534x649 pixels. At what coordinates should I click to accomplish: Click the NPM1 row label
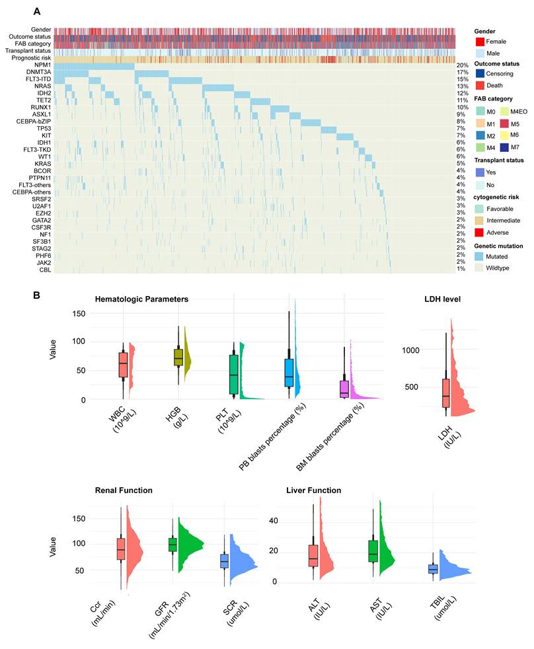(x=43, y=65)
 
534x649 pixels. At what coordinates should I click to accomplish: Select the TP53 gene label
(x=44, y=128)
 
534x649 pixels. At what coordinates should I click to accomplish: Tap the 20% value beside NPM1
(x=463, y=65)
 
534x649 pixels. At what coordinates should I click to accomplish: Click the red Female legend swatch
(x=480, y=42)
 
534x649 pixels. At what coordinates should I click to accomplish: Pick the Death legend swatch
(x=480, y=85)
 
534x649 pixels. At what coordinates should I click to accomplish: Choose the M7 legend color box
(x=505, y=147)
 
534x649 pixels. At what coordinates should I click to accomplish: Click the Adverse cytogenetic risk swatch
(x=480, y=232)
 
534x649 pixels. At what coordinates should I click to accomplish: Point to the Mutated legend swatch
(x=480, y=256)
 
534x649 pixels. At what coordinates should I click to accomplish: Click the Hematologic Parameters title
(x=141, y=299)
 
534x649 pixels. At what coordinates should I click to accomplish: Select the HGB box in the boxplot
(x=178, y=357)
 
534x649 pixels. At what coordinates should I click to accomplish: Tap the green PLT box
(x=234, y=374)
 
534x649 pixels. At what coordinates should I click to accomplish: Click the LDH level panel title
(x=442, y=299)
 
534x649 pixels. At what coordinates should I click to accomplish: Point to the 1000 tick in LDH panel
(x=410, y=350)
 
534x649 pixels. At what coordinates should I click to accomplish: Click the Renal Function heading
(x=124, y=490)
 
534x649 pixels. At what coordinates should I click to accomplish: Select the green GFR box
(x=172, y=545)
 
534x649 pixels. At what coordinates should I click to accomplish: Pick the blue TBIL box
(x=433, y=569)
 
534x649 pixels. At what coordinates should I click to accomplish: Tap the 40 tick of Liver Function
(x=274, y=521)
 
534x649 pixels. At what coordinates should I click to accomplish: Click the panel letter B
(x=36, y=295)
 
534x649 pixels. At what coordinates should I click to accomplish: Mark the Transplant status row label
(x=28, y=51)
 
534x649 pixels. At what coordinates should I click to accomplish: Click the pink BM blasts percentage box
(x=344, y=389)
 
